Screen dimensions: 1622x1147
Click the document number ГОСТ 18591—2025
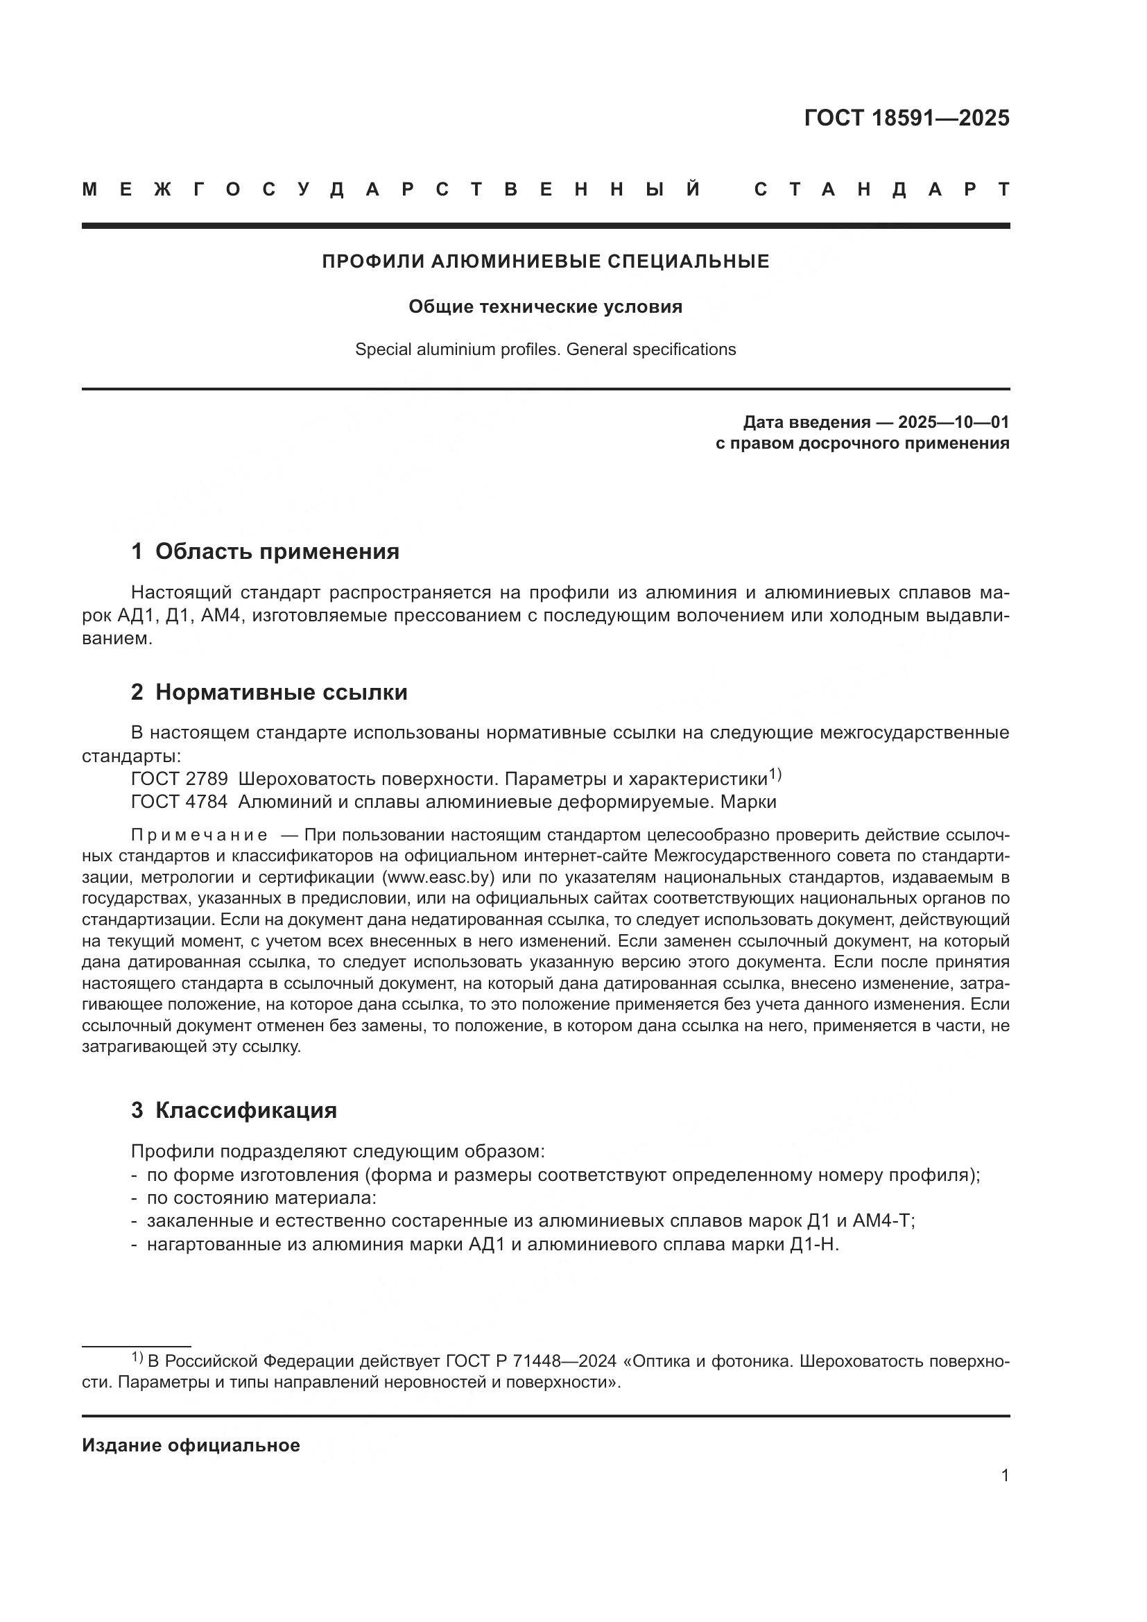point(906,118)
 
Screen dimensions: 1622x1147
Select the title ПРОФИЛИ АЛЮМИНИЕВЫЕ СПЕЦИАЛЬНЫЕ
point(545,261)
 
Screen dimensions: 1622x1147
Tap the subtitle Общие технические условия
point(545,307)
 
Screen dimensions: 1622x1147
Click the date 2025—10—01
point(954,422)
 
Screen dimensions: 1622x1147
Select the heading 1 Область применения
point(265,552)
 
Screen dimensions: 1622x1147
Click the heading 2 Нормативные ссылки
point(269,692)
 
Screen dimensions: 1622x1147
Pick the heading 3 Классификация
point(234,1110)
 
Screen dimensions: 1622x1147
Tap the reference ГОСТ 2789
point(180,779)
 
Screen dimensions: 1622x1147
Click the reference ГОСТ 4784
point(180,802)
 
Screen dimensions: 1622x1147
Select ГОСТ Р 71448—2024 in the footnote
point(531,1361)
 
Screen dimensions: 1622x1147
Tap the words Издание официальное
point(191,1445)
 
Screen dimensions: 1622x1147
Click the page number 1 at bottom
point(1005,1476)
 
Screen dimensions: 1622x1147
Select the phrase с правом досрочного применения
point(863,444)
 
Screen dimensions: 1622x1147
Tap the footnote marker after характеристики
point(775,775)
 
